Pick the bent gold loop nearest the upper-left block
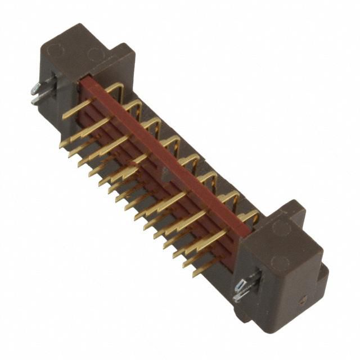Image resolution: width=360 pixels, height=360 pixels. (115, 90)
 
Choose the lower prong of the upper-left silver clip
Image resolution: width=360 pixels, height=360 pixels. (35, 101)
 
